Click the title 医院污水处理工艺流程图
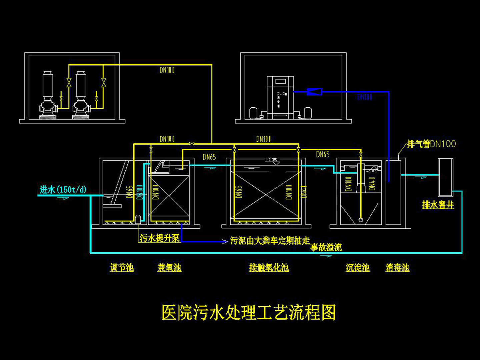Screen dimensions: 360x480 point(249,312)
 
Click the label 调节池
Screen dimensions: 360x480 point(122,268)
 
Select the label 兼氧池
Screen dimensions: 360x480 point(169,268)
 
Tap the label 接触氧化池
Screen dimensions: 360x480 point(269,268)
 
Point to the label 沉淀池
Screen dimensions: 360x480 point(358,268)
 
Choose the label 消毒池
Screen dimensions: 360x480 point(397,268)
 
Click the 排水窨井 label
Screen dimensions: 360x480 point(438,205)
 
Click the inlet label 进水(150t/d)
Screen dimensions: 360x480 point(63,190)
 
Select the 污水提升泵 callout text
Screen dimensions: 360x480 point(160,238)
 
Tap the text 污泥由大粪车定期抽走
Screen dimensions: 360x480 point(270,241)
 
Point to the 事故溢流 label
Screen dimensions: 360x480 point(326,247)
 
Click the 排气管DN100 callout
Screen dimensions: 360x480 point(431,144)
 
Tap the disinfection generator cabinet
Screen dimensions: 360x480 point(280,97)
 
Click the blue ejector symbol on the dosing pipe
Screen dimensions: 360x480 point(314,91)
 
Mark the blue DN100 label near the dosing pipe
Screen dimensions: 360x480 point(364,97)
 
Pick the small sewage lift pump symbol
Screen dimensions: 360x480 point(138,219)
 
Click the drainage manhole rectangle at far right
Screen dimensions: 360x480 point(445,177)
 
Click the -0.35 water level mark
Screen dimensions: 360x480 point(272,160)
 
